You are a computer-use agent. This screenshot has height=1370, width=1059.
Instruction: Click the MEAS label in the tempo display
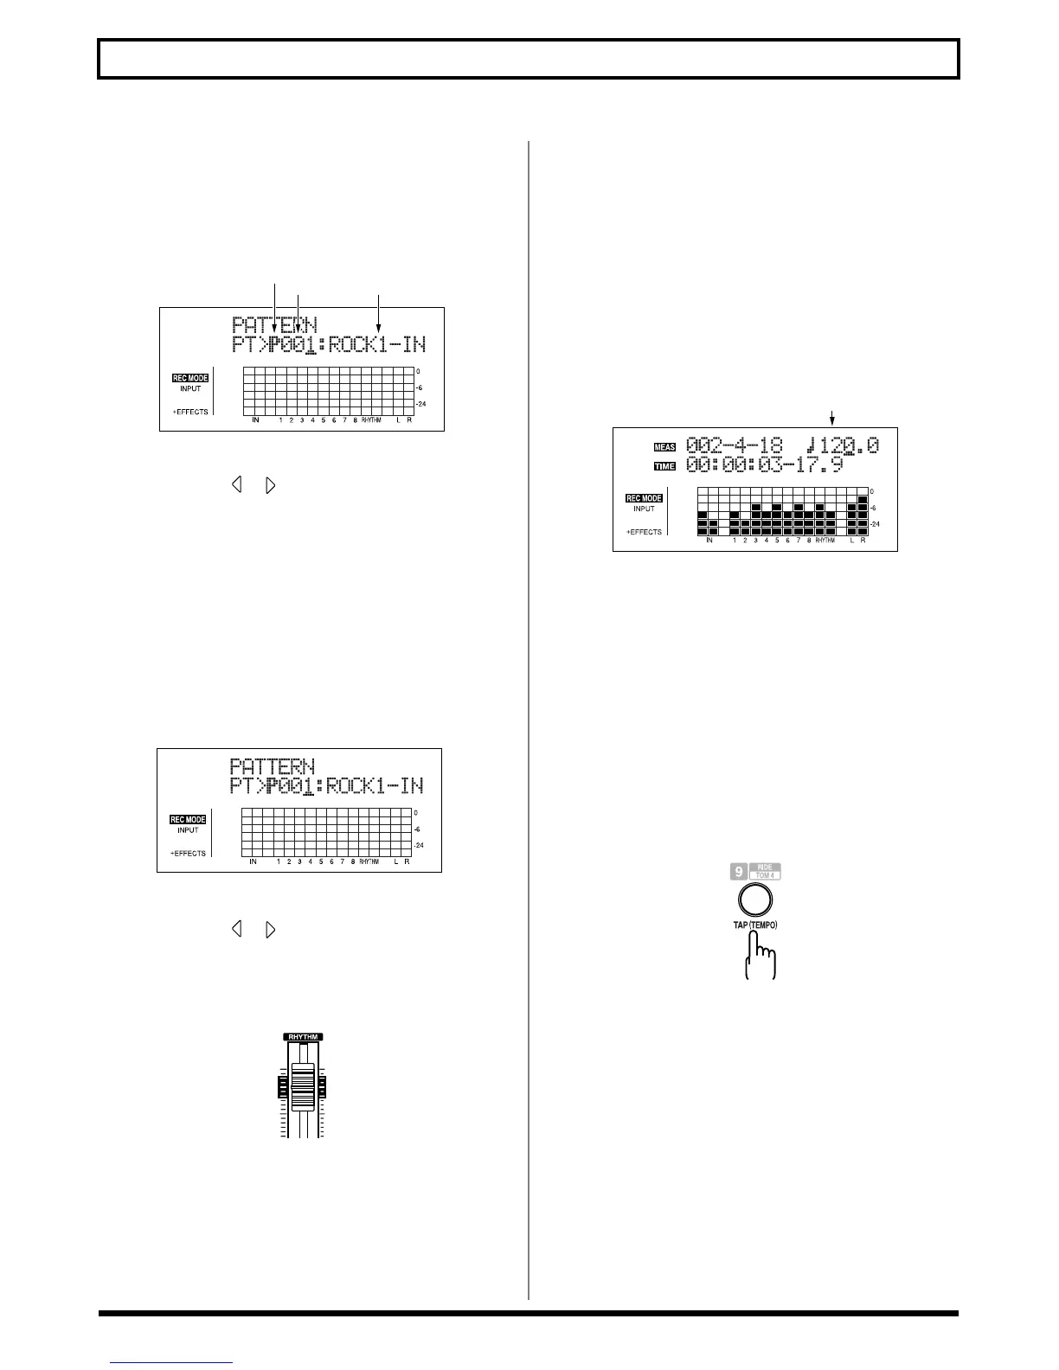coord(664,447)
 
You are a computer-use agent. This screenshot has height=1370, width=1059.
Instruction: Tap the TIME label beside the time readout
coord(664,466)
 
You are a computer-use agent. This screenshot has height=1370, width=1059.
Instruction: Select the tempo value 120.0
coord(846,446)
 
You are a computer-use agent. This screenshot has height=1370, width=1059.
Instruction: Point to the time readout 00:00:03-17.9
coord(764,465)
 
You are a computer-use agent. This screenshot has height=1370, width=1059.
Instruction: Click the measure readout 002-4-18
coord(735,446)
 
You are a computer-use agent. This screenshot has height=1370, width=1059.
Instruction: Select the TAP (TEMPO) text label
coord(750,925)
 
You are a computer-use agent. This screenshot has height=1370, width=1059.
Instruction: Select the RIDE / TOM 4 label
coord(764,872)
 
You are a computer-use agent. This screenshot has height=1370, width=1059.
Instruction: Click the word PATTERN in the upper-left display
coord(274,325)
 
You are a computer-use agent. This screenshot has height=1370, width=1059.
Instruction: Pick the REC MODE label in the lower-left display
coord(187,819)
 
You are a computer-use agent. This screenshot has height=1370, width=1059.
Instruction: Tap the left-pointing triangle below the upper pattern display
coord(235,485)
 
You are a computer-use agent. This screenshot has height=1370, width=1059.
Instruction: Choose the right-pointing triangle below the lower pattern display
coord(271,930)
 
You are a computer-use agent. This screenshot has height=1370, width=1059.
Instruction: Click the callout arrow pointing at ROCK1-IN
coord(378,320)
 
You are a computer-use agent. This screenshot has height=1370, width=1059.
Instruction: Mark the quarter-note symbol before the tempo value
coord(809,446)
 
